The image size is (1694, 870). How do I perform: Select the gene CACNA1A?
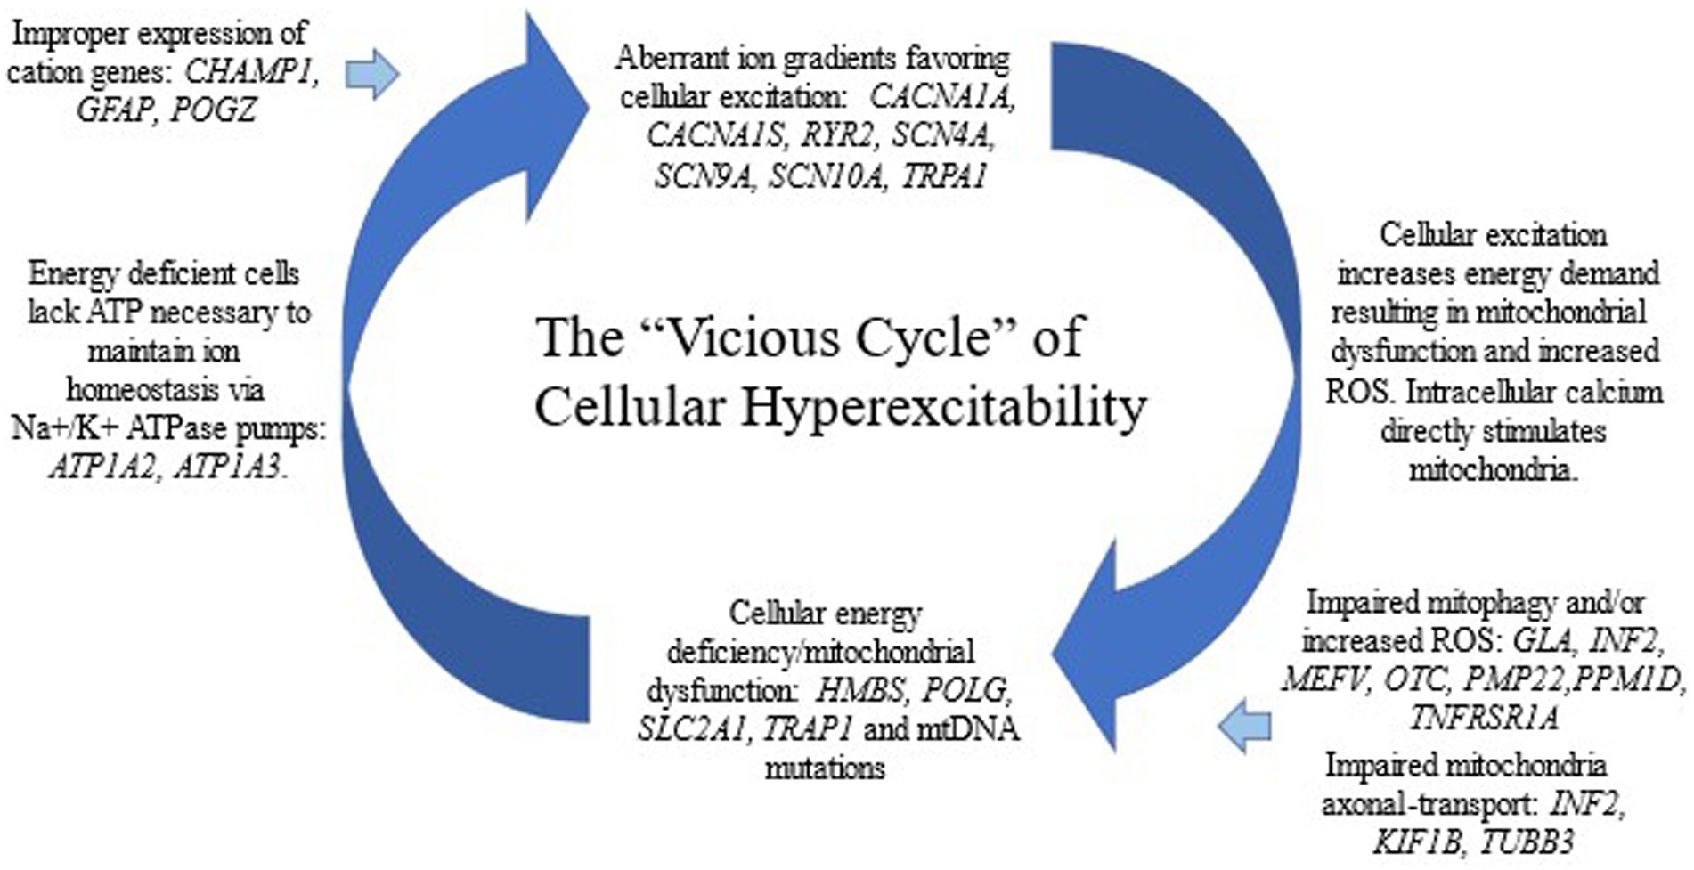point(942,97)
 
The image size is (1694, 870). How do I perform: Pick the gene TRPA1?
point(944,175)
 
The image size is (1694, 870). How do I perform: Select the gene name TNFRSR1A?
point(1484,718)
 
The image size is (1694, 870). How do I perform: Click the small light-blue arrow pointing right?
point(371,74)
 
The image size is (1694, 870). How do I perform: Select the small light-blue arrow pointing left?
point(1244,726)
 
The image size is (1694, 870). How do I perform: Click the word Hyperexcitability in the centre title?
point(944,409)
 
